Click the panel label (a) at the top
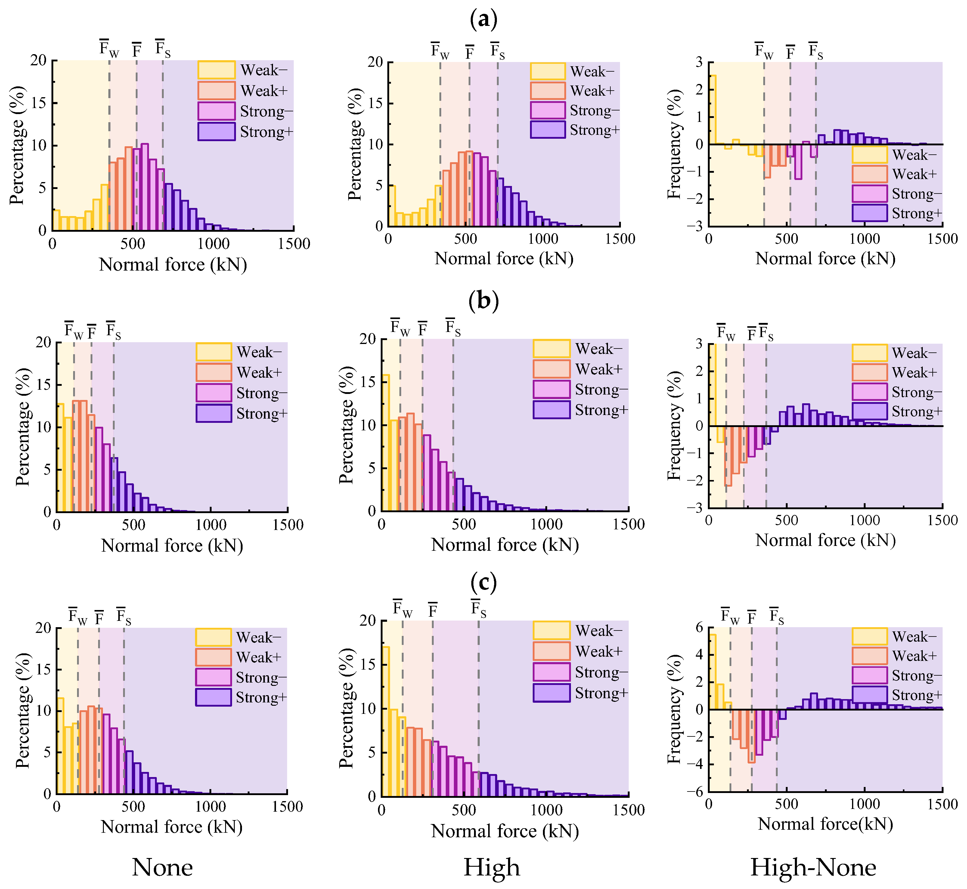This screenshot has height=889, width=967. [483, 19]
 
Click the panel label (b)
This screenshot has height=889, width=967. [483, 301]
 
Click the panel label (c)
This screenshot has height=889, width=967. [483, 583]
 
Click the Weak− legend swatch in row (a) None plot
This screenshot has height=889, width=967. [216, 70]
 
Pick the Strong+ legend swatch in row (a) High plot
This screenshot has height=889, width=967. [547, 130]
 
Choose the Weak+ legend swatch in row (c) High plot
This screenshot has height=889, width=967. [551, 651]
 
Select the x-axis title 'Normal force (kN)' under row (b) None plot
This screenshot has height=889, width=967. [172, 546]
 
